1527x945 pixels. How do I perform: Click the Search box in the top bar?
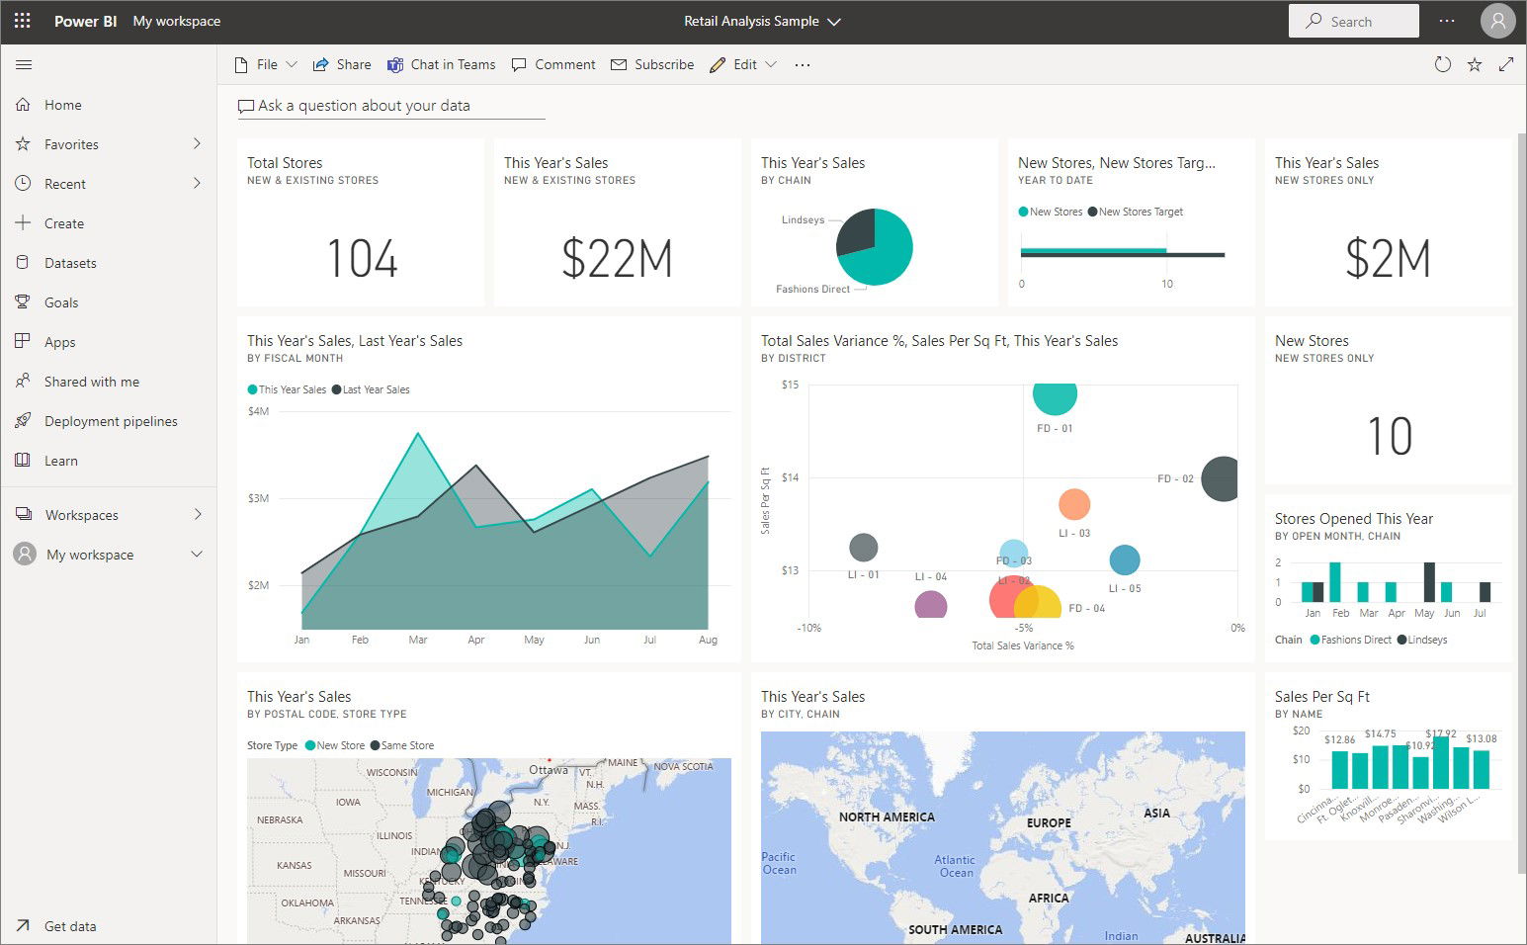[1353, 21]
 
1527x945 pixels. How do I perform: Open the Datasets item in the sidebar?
[70, 263]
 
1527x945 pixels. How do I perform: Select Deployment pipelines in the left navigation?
[111, 421]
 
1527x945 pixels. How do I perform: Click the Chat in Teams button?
[441, 64]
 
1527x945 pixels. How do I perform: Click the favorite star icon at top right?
[1475, 64]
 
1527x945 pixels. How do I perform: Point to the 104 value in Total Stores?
[362, 259]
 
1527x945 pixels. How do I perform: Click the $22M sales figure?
[617, 259]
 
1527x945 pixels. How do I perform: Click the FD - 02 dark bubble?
[1223, 478]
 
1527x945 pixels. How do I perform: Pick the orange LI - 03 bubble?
[1074, 504]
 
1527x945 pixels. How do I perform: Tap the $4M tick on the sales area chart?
[258, 411]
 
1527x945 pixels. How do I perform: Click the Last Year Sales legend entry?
[376, 389]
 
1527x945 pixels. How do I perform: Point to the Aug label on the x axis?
[708, 640]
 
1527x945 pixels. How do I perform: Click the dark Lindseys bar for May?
[1429, 582]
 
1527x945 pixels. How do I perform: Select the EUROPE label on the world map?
[1049, 822]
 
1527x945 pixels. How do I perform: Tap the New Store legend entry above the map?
[340, 745]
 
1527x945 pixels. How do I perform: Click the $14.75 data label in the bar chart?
[1380, 733]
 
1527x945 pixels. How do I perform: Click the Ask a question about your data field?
[364, 106]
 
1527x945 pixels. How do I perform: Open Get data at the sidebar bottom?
[70, 926]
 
